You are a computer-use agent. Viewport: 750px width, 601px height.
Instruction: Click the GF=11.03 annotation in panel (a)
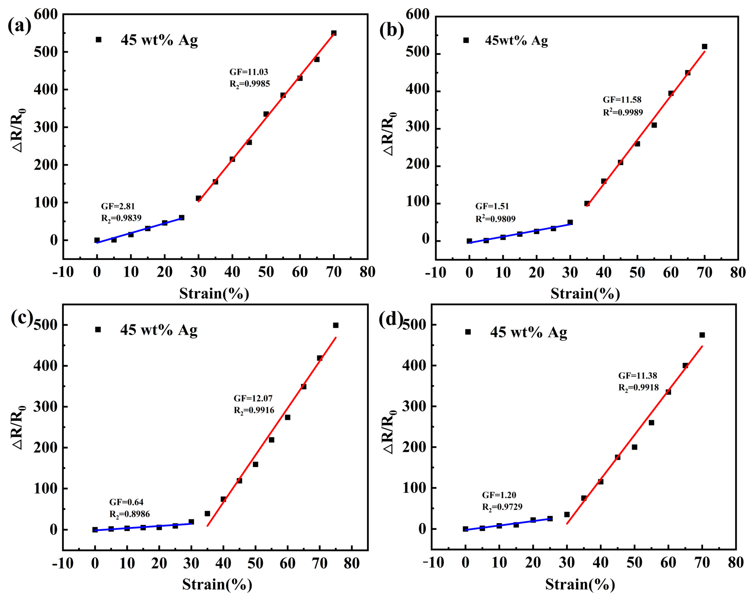pyautogui.click(x=248, y=72)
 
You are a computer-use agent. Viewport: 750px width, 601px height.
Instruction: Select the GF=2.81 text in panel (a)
pyautogui.click(x=117, y=206)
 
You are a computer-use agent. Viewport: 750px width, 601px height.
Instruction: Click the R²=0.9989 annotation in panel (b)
pyautogui.click(x=623, y=112)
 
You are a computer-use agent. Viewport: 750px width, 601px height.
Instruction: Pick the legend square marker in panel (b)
pyautogui.click(x=466, y=40)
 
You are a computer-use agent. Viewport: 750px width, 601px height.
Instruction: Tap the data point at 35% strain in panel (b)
pyautogui.click(x=587, y=203)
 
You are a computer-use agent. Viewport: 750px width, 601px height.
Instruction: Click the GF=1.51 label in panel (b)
pyautogui.click(x=492, y=206)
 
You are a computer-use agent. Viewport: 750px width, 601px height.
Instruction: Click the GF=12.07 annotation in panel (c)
pyautogui.click(x=253, y=398)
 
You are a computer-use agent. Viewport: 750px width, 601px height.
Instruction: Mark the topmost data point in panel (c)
pyautogui.click(x=336, y=325)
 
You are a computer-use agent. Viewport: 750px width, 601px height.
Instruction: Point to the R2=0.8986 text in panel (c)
pyautogui.click(x=129, y=514)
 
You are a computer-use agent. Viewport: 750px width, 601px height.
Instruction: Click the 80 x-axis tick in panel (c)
pyautogui.click(x=352, y=563)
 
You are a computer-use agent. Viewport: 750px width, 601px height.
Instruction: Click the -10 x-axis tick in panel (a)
pyautogui.click(x=63, y=272)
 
